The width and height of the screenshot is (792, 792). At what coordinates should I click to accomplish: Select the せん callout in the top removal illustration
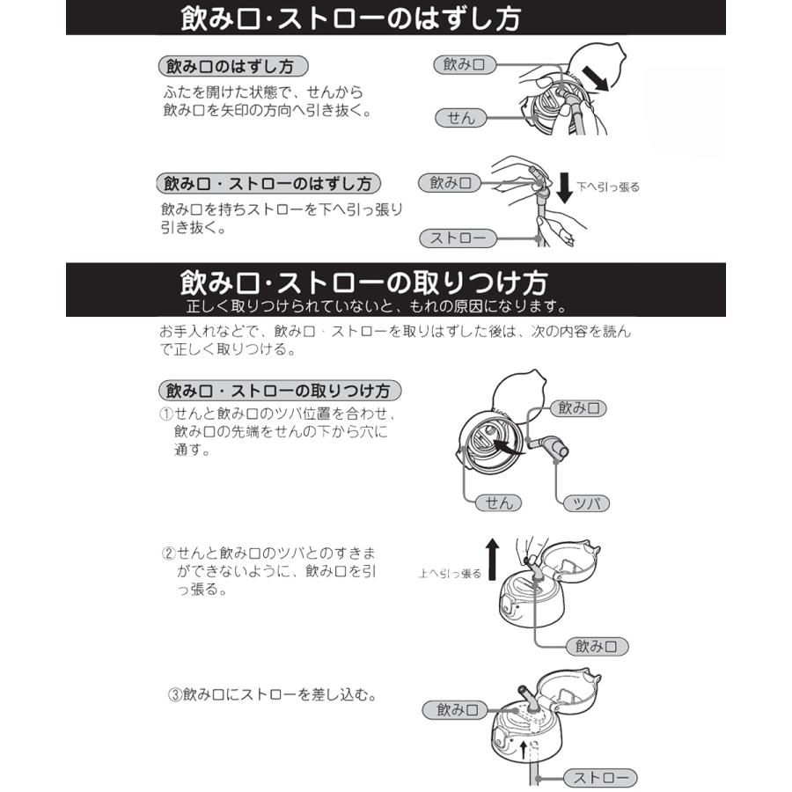[x=460, y=117]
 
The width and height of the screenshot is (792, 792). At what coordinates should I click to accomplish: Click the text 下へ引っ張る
[x=608, y=187]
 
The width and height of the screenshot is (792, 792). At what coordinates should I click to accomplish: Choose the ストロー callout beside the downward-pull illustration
[x=458, y=238]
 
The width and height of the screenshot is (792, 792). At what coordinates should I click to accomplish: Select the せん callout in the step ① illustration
[x=499, y=503]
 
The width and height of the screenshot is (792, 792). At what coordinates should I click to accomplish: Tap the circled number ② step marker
[x=169, y=553]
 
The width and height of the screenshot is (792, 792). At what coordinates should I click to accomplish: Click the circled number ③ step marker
[x=174, y=694]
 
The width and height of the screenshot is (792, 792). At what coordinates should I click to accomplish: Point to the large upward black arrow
[x=493, y=556]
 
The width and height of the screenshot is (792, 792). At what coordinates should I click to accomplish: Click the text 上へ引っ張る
[x=450, y=574]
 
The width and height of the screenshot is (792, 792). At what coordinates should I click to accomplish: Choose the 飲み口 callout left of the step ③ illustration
[x=456, y=710]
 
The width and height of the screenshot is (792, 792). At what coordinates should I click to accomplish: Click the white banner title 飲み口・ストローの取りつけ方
[x=363, y=282]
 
